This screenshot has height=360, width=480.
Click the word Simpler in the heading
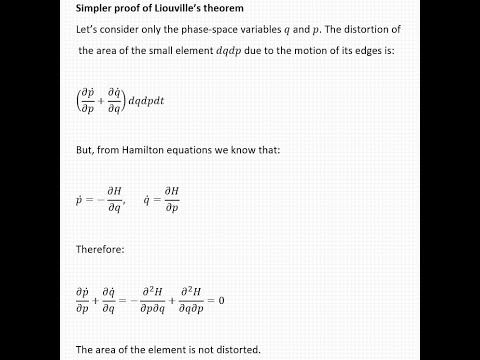[98, 9]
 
